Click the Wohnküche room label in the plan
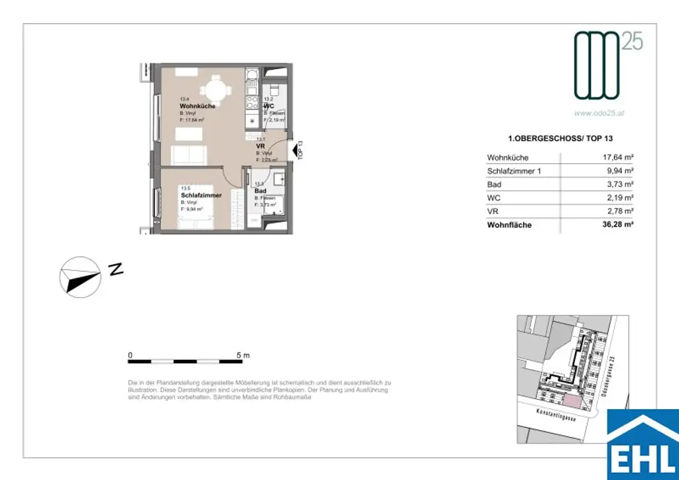tap(198, 106)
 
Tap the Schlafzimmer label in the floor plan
tap(201, 196)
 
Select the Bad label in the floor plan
tap(260, 191)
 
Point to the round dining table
tap(216, 89)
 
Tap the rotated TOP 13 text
tap(300, 151)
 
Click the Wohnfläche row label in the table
tap(509, 225)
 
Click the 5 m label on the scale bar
tap(243, 356)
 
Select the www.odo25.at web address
tap(600, 113)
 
